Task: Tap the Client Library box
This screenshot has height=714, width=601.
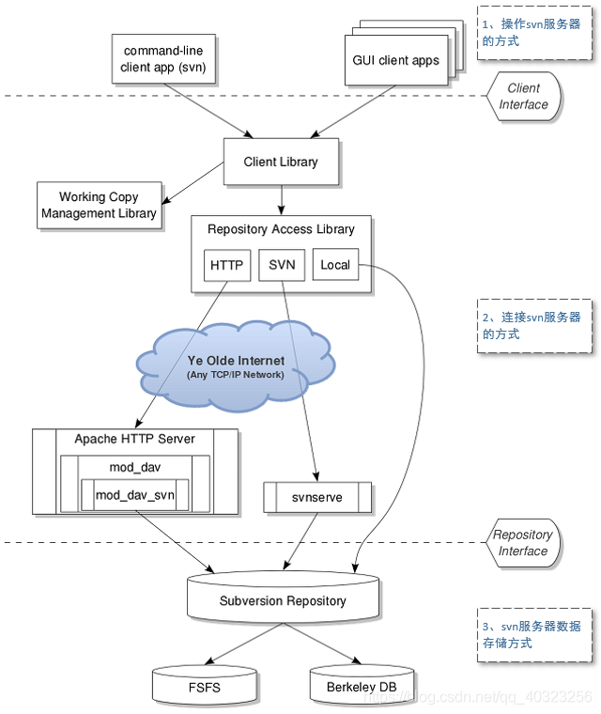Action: tap(280, 162)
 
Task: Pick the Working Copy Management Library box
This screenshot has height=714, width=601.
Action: tap(99, 205)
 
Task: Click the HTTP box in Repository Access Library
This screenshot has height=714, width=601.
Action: tap(227, 265)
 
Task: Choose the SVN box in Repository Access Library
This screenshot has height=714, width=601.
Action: tap(282, 265)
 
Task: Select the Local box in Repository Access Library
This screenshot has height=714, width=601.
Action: tap(334, 265)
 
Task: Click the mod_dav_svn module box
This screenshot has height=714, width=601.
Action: tap(135, 495)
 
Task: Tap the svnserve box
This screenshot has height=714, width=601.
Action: tap(316, 496)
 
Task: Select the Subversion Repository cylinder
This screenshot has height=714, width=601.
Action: tap(283, 599)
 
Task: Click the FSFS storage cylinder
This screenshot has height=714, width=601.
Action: tap(204, 686)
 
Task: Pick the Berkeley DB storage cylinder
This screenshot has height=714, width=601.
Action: tap(362, 686)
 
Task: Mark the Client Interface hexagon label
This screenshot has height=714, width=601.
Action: tap(523, 97)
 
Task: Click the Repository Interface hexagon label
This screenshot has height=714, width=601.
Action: tap(523, 543)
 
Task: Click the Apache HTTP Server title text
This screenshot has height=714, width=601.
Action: tap(135, 439)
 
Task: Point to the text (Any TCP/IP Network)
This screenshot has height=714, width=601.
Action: tap(235, 375)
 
